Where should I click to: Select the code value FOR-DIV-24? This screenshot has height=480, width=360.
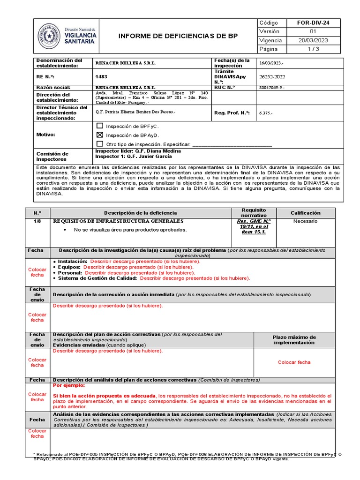pyautogui.click(x=313, y=23)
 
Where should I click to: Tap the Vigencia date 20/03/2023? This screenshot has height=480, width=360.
pyautogui.click(x=313, y=40)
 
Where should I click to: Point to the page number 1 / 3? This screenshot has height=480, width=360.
pyautogui.click(x=313, y=49)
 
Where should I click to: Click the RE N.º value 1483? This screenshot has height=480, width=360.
pyautogui.click(x=101, y=76)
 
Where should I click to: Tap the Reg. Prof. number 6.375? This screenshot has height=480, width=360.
pyautogui.click(x=266, y=113)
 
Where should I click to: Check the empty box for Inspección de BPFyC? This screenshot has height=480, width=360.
pyautogui.click(x=99, y=126)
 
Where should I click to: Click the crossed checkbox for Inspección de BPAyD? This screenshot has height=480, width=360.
pyautogui.click(x=99, y=135)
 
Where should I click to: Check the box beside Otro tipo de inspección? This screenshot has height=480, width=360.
pyautogui.click(x=99, y=144)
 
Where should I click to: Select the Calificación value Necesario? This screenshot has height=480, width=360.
pyautogui.click(x=306, y=221)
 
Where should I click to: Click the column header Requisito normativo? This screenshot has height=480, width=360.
pyautogui.click(x=254, y=212)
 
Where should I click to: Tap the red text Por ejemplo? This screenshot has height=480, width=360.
pyautogui.click(x=69, y=385)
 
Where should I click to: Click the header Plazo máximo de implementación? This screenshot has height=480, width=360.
pyautogui.click(x=294, y=340)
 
